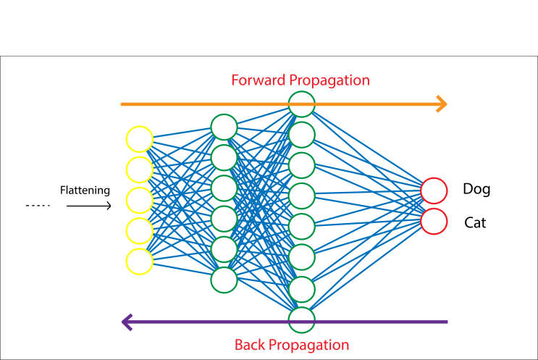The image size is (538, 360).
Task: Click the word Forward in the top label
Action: (257, 80)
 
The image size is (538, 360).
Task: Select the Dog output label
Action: (476, 190)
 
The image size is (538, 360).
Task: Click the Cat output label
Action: (475, 223)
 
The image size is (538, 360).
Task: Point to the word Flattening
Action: (85, 191)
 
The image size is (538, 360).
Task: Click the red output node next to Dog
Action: (434, 191)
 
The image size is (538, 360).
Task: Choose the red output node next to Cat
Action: (434, 222)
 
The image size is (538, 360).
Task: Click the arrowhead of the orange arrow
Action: (440, 104)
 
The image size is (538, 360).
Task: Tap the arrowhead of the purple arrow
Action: (127, 322)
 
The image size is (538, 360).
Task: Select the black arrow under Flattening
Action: (88, 206)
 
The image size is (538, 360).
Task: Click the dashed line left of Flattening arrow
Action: (38, 206)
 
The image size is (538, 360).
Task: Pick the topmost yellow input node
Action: (139, 139)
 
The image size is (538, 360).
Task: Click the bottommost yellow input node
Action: (139, 261)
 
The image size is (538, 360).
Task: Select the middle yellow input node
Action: (139, 200)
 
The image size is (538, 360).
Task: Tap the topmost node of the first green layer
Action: (224, 127)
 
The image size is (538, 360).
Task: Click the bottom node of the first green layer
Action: (224, 280)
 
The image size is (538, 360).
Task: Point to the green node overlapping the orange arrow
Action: (301, 104)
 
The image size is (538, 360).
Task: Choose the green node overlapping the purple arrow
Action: (301, 319)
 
